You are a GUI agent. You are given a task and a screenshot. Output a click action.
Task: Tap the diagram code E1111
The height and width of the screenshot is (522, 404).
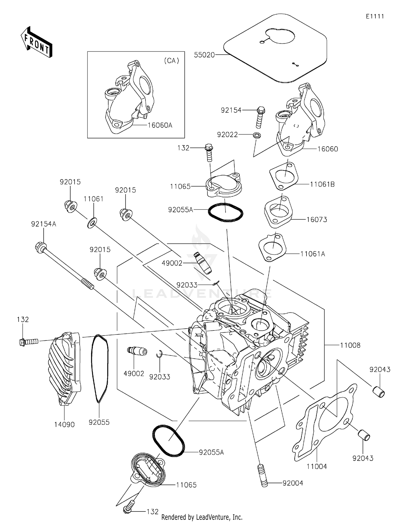[x=375, y=16]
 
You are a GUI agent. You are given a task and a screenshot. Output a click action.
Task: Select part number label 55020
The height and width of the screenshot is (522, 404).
[x=204, y=55]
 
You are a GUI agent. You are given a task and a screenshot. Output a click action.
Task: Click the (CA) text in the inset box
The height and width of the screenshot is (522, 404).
[x=172, y=61]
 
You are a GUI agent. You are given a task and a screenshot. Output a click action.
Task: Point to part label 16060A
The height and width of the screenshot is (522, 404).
[x=160, y=125]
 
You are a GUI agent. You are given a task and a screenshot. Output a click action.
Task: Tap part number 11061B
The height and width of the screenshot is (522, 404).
[x=322, y=185]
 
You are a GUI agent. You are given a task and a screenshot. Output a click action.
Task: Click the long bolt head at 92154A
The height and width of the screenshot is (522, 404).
[x=40, y=247]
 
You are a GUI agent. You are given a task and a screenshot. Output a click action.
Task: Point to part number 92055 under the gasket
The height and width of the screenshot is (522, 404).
[x=99, y=422]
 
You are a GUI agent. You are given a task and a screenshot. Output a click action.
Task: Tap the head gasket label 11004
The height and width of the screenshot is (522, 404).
[x=316, y=467]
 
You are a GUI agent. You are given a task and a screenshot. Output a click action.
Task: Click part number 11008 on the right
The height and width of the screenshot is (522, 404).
[x=350, y=345]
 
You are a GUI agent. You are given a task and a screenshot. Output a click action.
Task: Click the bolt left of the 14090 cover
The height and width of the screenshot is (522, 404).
[x=29, y=342]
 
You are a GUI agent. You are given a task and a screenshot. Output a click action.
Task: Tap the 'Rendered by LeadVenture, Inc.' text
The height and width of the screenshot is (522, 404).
[x=202, y=517]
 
